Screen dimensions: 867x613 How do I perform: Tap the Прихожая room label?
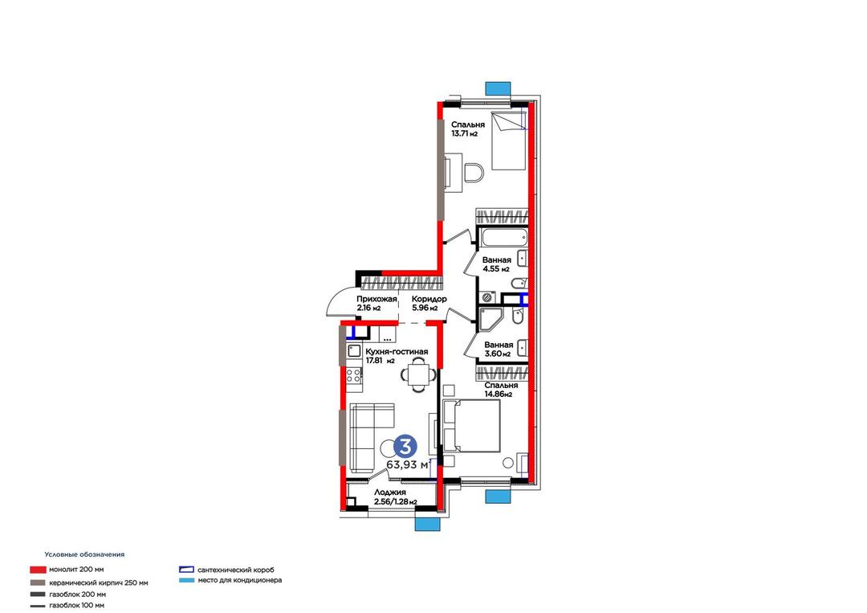(x=377, y=300)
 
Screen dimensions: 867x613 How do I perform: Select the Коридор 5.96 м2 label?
(x=429, y=303)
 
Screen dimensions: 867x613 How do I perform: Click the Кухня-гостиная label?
(x=396, y=352)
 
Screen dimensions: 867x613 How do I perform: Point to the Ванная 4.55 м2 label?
(x=496, y=264)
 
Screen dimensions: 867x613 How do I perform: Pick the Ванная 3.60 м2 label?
(x=499, y=349)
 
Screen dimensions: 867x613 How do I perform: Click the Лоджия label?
(x=390, y=492)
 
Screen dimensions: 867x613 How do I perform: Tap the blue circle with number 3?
(x=406, y=446)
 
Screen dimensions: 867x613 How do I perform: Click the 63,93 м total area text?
(x=408, y=464)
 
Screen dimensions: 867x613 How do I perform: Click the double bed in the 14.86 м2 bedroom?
(x=472, y=426)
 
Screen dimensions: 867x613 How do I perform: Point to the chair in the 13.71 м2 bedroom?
(x=474, y=173)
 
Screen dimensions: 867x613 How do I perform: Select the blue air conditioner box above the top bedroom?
(x=498, y=88)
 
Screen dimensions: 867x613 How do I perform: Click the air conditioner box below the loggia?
(x=427, y=524)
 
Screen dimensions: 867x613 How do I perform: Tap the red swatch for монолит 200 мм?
(x=38, y=570)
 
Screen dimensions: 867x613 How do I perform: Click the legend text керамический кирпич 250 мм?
(x=99, y=582)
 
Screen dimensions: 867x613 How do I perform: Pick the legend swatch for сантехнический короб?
(x=187, y=570)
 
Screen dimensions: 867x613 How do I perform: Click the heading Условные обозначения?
(x=84, y=554)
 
